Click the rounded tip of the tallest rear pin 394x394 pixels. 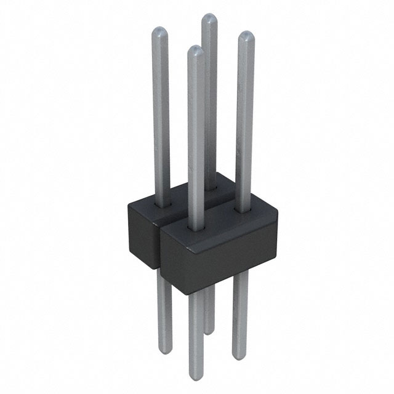tap(209, 18)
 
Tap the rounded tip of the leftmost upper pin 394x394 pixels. tap(159, 32)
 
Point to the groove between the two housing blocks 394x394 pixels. tap(162, 246)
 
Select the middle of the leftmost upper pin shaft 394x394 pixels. tap(161, 117)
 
